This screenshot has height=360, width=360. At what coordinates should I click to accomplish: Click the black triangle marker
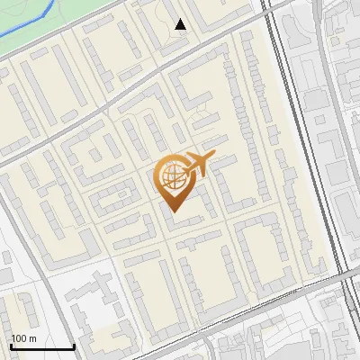tap(181, 24)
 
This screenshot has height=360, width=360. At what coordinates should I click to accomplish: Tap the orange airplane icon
tap(198, 165)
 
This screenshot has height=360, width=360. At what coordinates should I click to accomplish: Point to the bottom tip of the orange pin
tap(172, 211)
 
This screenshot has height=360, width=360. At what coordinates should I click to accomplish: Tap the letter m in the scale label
tap(33, 338)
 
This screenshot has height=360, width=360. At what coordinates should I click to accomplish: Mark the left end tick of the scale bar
tap(11, 346)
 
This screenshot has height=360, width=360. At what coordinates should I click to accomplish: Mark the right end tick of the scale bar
tap(74, 346)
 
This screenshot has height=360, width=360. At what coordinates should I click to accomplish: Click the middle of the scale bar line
tap(42, 347)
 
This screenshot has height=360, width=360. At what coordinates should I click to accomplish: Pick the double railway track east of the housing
tap(306, 135)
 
